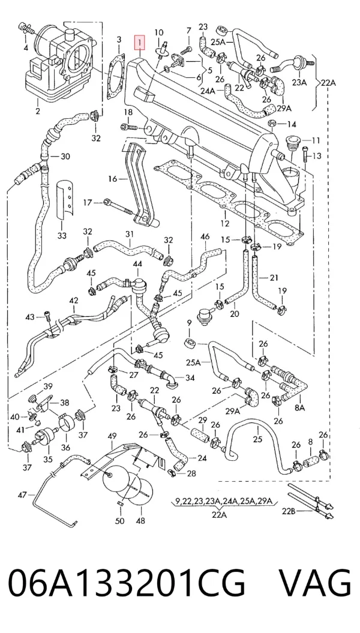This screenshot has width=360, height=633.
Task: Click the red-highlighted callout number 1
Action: [x=140, y=41]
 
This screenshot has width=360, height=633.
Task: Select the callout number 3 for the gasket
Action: [x=119, y=40]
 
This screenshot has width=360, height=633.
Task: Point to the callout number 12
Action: [x=225, y=223]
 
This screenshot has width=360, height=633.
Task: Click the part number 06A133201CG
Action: [x=127, y=583]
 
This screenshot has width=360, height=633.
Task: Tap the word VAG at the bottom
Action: [x=315, y=583]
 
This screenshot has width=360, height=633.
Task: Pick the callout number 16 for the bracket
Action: [x=113, y=178]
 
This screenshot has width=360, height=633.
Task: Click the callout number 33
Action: [x=62, y=236]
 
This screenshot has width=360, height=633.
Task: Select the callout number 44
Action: [x=137, y=264]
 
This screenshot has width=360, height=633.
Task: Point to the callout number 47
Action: [x=23, y=495]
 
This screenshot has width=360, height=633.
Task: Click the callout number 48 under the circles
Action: [x=140, y=521]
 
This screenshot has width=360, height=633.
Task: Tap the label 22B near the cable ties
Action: [x=289, y=511]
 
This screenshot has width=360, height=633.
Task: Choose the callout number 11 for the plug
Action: [x=316, y=140]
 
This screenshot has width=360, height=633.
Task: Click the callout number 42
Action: [x=73, y=301]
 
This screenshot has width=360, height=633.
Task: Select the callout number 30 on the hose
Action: [x=65, y=156]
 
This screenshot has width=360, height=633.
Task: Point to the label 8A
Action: [x=300, y=408]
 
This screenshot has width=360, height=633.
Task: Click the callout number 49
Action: [x=112, y=436]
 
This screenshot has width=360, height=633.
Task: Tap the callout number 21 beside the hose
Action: [x=274, y=278]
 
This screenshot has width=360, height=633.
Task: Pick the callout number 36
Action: [x=65, y=447]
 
